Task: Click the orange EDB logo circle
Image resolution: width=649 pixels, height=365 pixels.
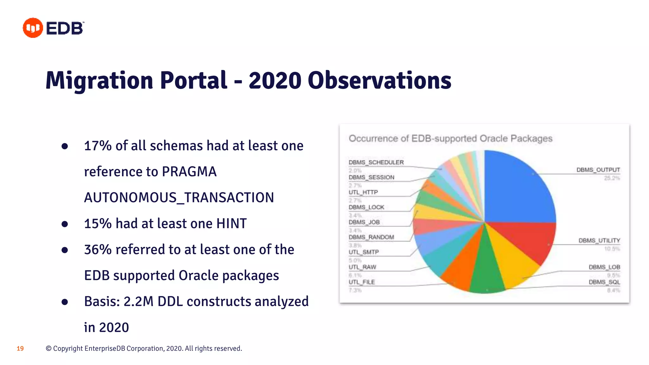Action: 33,28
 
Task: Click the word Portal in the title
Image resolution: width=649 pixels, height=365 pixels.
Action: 193,80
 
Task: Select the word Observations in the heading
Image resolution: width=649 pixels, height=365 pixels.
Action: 379,80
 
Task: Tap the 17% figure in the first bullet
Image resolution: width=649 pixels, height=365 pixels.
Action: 98,146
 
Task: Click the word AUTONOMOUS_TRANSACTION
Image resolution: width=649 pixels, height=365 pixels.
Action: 179,198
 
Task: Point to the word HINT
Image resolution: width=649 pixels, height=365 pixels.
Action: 231,224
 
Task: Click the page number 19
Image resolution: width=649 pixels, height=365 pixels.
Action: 20,349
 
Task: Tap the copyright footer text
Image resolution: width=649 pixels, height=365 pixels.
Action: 144,349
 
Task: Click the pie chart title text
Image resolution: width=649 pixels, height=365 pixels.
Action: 450,138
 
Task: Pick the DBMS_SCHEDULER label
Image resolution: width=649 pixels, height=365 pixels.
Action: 376,162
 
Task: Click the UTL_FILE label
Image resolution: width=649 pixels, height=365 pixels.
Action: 362,282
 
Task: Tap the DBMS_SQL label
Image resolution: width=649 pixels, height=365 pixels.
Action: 604,282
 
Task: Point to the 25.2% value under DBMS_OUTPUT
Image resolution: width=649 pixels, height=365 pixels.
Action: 612,178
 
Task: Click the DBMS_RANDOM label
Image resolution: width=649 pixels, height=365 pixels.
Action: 371,237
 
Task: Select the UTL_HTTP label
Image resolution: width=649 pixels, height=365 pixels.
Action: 363,192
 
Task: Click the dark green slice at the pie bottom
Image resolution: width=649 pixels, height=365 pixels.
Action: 486,269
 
